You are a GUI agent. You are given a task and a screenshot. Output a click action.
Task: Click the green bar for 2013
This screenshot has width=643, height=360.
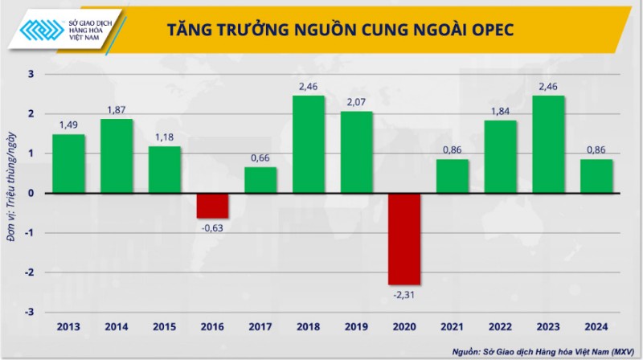click(68, 164)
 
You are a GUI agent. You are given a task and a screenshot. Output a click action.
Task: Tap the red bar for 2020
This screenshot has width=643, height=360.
click(404, 239)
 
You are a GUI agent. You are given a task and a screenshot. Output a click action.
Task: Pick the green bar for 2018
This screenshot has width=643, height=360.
click(309, 145)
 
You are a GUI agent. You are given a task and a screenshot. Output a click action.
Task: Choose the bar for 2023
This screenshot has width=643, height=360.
click(548, 145)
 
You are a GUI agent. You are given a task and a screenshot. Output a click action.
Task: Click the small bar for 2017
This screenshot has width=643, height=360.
click(260, 180)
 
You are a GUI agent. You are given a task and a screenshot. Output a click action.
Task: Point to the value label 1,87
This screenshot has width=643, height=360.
click(117, 110)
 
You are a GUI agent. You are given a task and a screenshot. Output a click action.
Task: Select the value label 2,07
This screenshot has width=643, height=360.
click(356, 102)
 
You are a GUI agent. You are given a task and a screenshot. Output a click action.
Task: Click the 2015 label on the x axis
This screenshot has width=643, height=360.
click(164, 326)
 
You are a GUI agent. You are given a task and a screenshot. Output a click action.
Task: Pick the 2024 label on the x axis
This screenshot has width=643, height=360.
click(596, 326)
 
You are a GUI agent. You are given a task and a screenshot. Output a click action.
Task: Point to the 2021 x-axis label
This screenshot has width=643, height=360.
click(452, 326)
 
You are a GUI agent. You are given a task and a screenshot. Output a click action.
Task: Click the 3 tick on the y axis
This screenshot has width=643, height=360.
click(31, 75)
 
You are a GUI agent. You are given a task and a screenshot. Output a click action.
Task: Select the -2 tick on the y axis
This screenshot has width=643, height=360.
click(30, 272)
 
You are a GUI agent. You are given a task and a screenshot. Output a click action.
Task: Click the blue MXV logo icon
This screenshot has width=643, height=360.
click(45, 29)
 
